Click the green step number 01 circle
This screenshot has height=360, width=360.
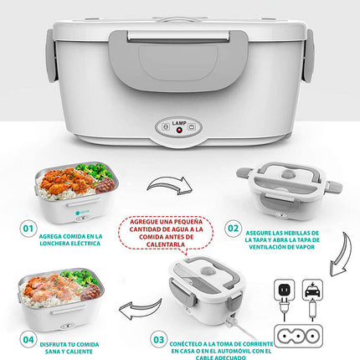pyautogui.click(x=28, y=228)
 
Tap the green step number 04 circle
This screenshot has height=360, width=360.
pyautogui.click(x=28, y=340)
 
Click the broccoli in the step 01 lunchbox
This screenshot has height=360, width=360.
pyautogui.click(x=99, y=175)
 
